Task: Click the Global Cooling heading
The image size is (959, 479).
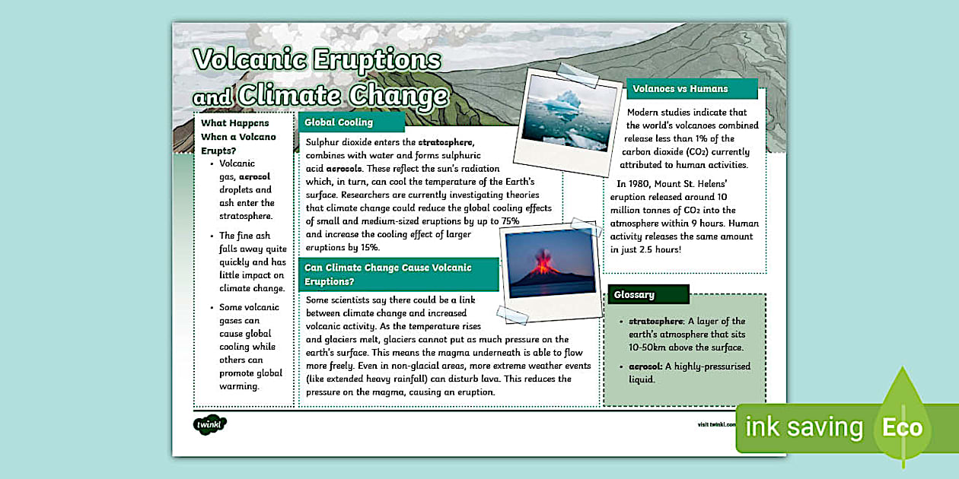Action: click(339, 122)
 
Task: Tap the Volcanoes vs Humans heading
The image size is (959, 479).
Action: click(680, 89)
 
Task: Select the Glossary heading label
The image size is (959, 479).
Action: click(635, 294)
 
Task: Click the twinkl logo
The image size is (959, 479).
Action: click(209, 423)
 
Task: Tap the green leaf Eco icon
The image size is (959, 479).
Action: click(903, 418)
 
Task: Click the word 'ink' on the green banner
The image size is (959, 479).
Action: click(762, 427)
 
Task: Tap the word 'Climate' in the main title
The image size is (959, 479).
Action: click(290, 97)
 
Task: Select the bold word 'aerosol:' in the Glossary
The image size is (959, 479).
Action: click(645, 366)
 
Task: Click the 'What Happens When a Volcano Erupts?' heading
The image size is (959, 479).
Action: click(238, 137)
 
